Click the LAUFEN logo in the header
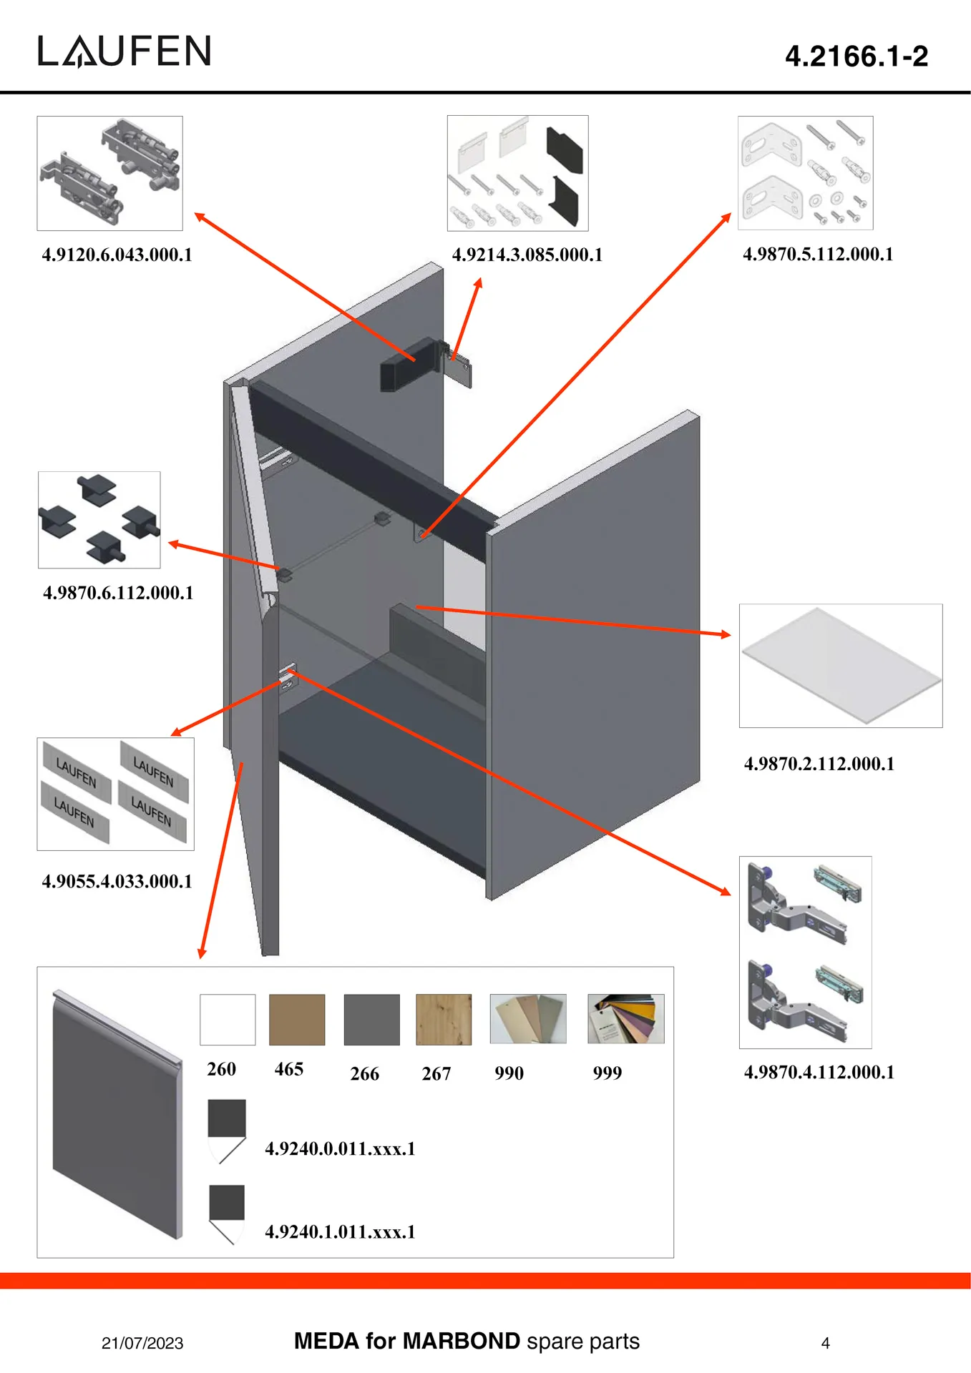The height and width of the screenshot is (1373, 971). (125, 51)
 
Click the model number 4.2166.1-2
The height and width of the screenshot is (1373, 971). (856, 56)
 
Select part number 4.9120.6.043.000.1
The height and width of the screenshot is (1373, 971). (117, 255)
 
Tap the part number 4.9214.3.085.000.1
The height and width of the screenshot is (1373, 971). (527, 255)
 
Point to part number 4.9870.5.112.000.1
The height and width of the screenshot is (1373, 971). (818, 254)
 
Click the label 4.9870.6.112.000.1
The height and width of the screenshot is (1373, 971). (118, 593)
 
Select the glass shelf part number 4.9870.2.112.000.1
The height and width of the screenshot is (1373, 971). (819, 764)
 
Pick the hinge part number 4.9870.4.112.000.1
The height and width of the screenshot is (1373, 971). (819, 1072)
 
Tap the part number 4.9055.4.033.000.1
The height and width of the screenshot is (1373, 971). (117, 881)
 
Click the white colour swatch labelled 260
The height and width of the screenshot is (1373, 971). (228, 1019)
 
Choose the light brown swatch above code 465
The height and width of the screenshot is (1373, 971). (297, 1019)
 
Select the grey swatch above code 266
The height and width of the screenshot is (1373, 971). (371, 1019)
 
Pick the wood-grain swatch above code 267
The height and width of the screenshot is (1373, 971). (444, 1019)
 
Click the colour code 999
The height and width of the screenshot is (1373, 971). (607, 1073)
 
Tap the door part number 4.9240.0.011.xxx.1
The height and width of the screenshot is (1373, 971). (340, 1148)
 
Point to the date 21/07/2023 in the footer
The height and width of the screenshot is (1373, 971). (142, 1343)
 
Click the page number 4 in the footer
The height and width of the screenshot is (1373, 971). (825, 1343)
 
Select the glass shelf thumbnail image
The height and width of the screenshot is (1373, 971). (840, 665)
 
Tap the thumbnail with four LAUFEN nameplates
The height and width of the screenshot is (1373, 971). (115, 794)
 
